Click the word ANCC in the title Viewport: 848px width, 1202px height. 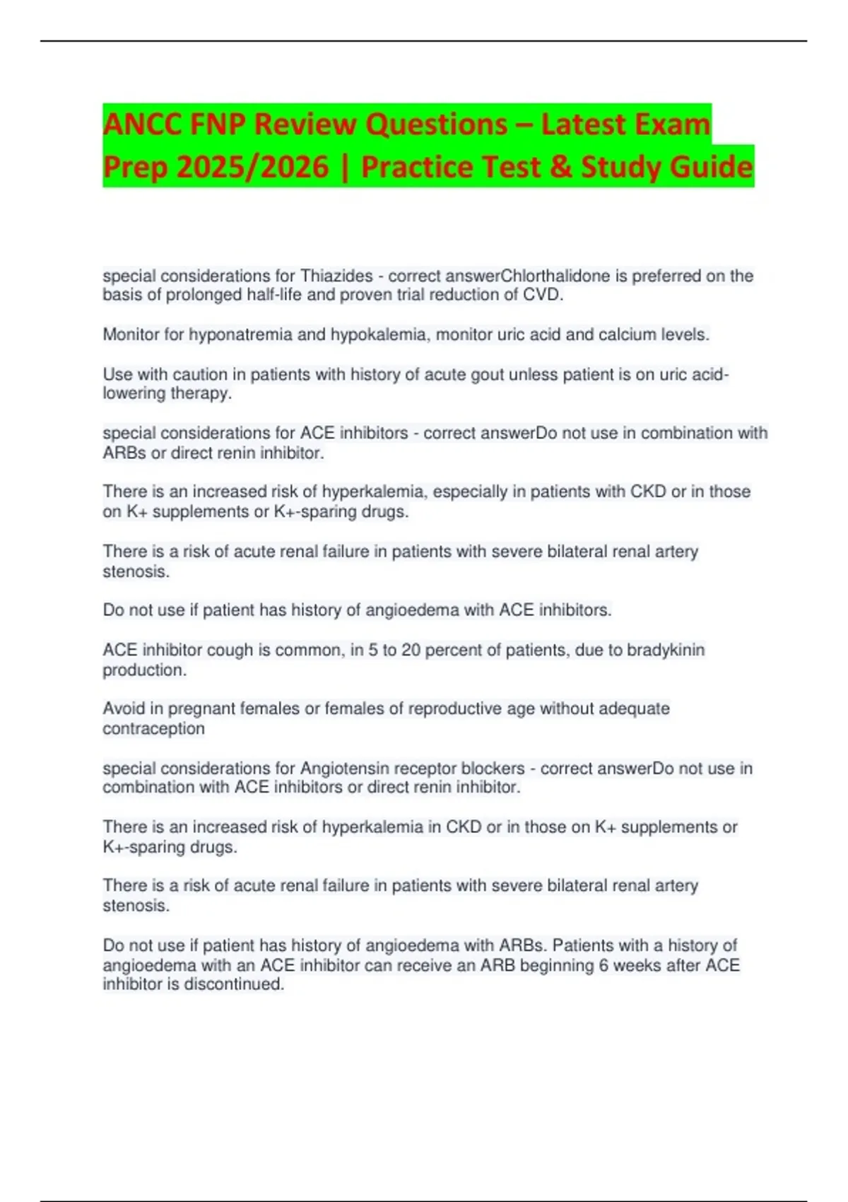tap(141, 124)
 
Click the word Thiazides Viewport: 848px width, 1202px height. tap(337, 276)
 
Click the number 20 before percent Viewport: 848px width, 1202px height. tap(411, 650)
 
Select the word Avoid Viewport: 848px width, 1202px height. tap(122, 708)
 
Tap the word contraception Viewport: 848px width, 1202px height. tap(153, 728)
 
